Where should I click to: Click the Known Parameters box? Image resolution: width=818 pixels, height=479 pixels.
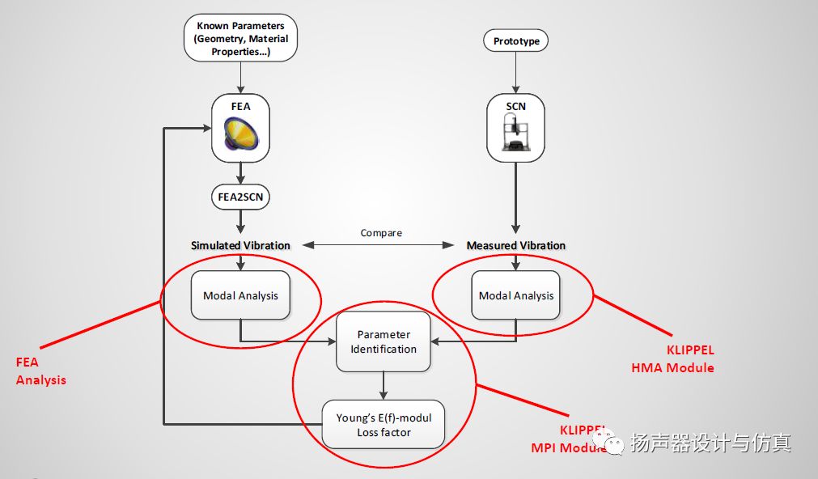[x=240, y=39]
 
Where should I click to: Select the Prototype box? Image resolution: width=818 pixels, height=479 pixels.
[x=516, y=40]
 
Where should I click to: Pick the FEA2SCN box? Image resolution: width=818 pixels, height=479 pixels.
[x=240, y=195]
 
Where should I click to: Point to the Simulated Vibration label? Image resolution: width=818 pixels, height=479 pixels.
[x=240, y=245]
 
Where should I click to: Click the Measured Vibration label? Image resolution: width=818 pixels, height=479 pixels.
[x=516, y=245]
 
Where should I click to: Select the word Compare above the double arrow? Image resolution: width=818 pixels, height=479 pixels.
[x=381, y=233]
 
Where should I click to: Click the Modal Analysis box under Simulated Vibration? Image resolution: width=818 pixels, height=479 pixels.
[x=240, y=295]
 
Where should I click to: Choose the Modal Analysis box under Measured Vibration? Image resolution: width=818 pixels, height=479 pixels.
[x=516, y=295]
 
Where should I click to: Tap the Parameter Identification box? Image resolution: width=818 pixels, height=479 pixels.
[x=384, y=341]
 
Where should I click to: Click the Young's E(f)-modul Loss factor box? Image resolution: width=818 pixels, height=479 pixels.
[x=384, y=425]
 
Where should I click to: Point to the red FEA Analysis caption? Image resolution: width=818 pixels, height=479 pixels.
[x=40, y=371]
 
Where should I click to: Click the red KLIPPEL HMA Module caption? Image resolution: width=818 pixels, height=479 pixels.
[x=672, y=358]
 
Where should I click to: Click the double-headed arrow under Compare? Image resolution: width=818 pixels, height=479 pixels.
[x=381, y=245]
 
